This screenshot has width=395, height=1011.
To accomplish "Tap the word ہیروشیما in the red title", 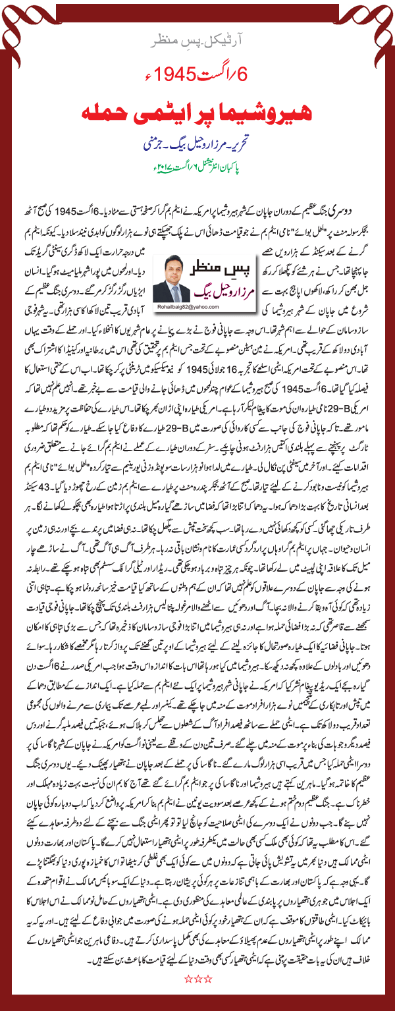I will pyautogui.click(x=250, y=111).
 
